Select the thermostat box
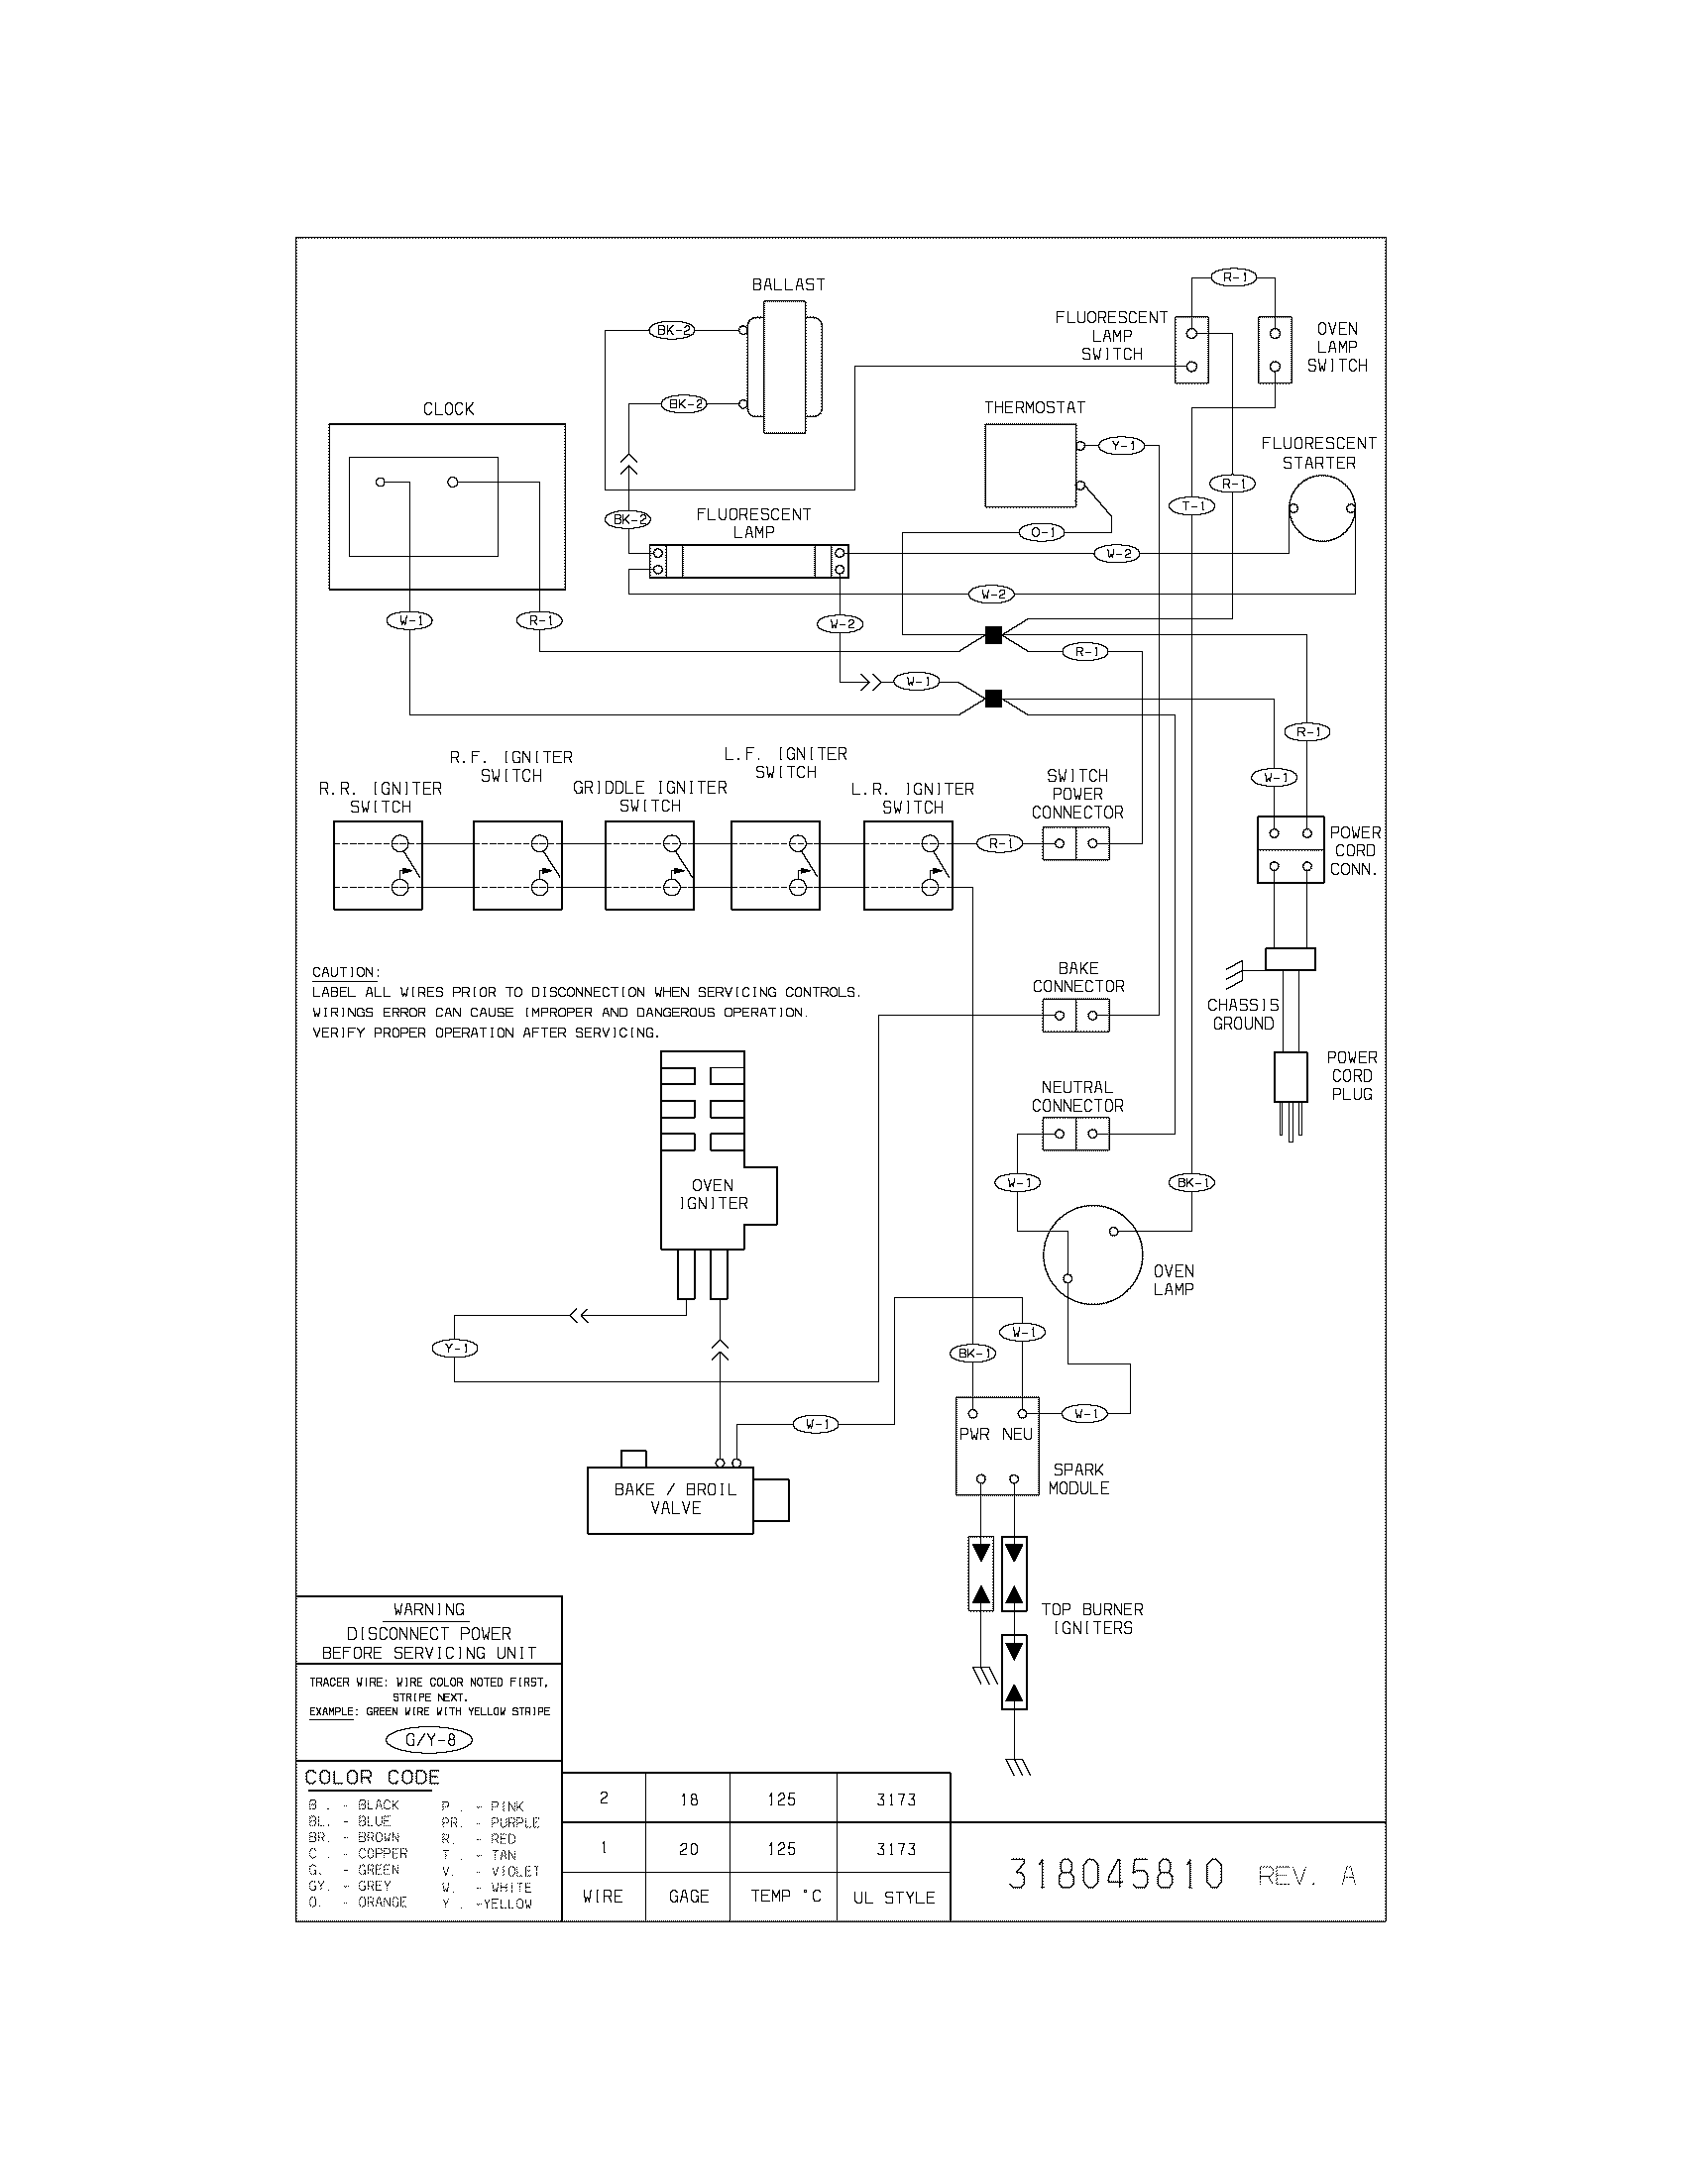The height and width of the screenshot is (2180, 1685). pyautogui.click(x=1030, y=466)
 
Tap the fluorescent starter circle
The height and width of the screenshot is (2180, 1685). pyautogui.click(x=1321, y=508)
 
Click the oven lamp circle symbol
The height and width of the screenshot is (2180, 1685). pyautogui.click(x=1092, y=1253)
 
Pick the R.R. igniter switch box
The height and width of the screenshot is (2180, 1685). pyautogui.click(x=378, y=865)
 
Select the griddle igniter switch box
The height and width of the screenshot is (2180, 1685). pyautogui.click(x=650, y=865)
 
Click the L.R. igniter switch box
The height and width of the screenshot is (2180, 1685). pyautogui.click(x=907, y=865)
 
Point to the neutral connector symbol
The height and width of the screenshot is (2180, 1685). pyautogui.click(x=1075, y=1134)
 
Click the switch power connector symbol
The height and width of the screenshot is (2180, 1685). pyautogui.click(x=1075, y=843)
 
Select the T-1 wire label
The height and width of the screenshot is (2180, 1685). pyautogui.click(x=1191, y=506)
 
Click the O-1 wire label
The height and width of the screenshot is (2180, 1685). pyautogui.click(x=1041, y=532)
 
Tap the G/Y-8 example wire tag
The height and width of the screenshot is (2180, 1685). pyautogui.click(x=429, y=1740)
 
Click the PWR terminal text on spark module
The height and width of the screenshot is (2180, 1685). pyautogui.click(x=973, y=1435)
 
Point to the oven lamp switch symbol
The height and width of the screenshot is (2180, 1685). pyautogui.click(x=1275, y=350)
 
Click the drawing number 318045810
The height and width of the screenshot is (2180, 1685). pyautogui.click(x=1115, y=1875)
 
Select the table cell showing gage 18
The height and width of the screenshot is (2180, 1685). pyautogui.click(x=688, y=1799)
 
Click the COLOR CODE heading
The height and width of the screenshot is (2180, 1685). pyautogui.click(x=372, y=1778)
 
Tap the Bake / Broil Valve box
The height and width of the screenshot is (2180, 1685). pyautogui.click(x=670, y=1500)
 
